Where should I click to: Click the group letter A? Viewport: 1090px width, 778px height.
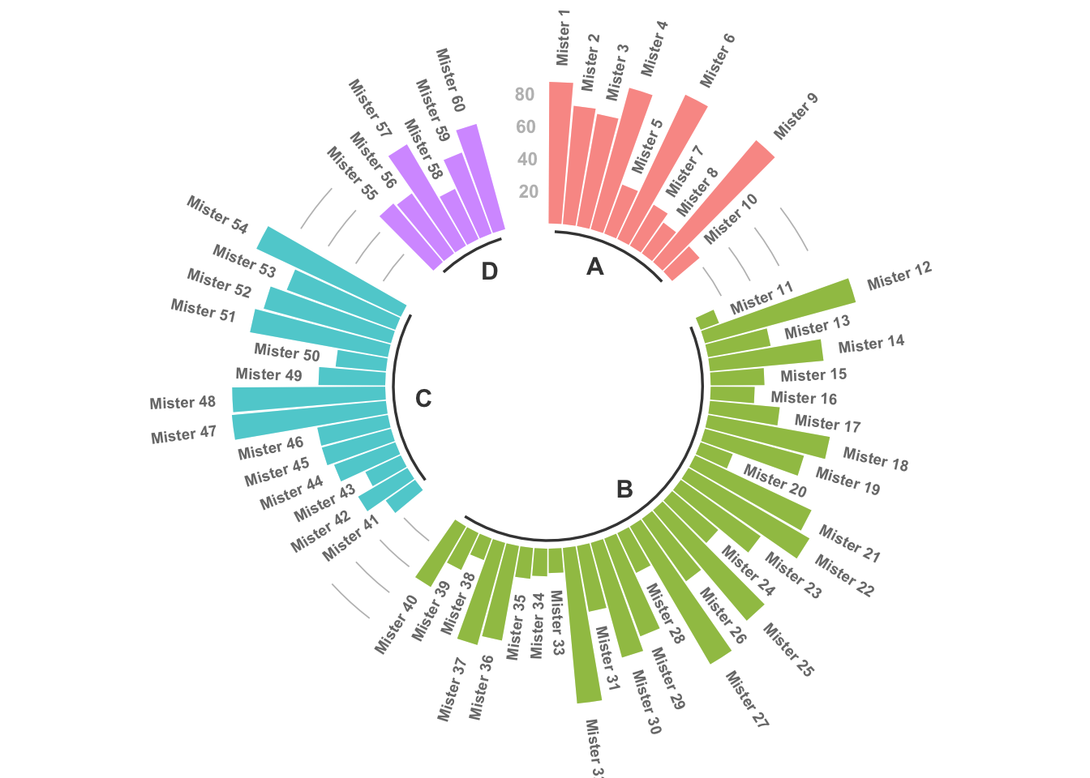pyautogui.click(x=595, y=267)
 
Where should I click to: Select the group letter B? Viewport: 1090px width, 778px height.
pyautogui.click(x=624, y=489)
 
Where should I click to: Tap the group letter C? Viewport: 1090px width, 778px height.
pyautogui.click(x=423, y=399)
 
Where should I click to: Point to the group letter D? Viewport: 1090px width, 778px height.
pyautogui.click(x=489, y=271)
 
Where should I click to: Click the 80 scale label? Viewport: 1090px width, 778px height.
pyautogui.click(x=525, y=95)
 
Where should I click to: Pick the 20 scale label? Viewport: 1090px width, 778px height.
pyautogui.click(x=528, y=192)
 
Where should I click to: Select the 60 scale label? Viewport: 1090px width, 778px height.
pyautogui.click(x=526, y=127)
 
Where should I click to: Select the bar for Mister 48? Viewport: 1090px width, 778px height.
pyautogui.click(x=308, y=399)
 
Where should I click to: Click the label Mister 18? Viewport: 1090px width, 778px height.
pyautogui.click(x=875, y=460)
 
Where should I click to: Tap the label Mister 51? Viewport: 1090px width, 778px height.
pyautogui.click(x=203, y=310)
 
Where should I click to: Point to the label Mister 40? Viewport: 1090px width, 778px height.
pyautogui.click(x=396, y=625)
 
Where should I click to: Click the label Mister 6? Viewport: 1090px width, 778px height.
pyautogui.click(x=717, y=61)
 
